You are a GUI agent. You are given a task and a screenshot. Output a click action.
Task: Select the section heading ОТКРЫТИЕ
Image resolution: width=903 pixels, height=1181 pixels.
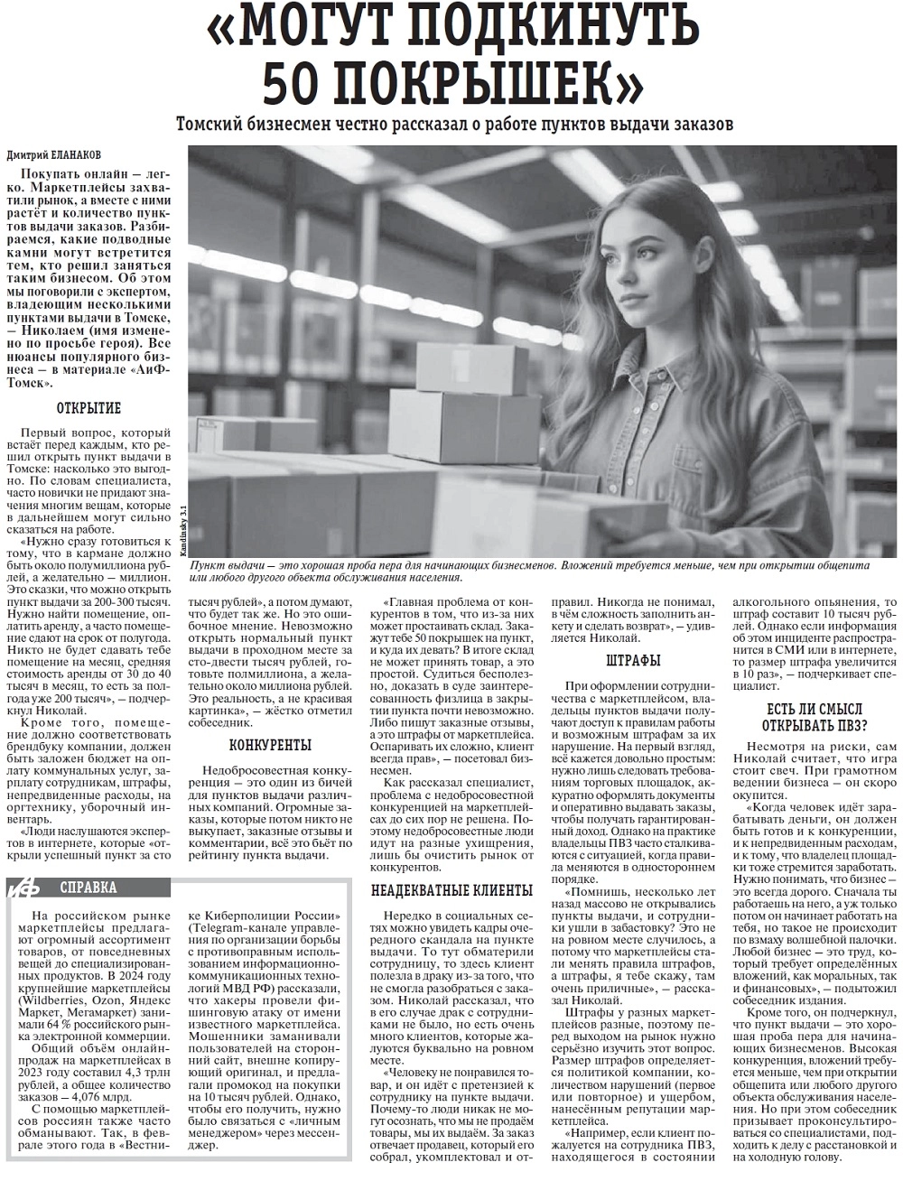tap(89, 408)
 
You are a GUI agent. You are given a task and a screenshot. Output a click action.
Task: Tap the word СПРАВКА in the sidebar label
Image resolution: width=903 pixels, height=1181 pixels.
tap(88, 887)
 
